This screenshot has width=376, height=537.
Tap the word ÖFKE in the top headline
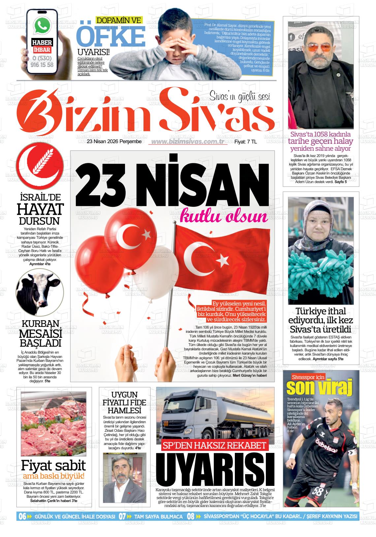(111, 37)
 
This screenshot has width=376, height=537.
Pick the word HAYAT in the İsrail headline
(40, 209)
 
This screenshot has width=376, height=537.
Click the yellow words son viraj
(319, 388)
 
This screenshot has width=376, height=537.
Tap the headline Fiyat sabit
(53, 465)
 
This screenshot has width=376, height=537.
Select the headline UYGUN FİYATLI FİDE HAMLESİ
(124, 402)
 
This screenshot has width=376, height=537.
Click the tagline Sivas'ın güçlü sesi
(240, 96)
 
